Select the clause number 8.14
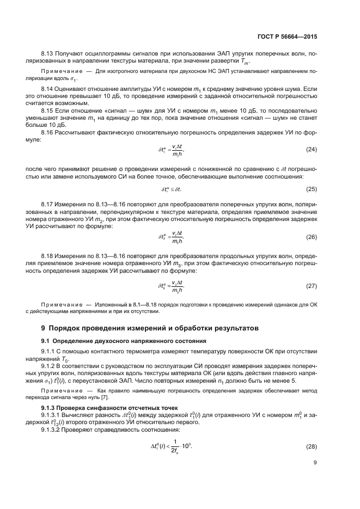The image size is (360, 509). [48, 88]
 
